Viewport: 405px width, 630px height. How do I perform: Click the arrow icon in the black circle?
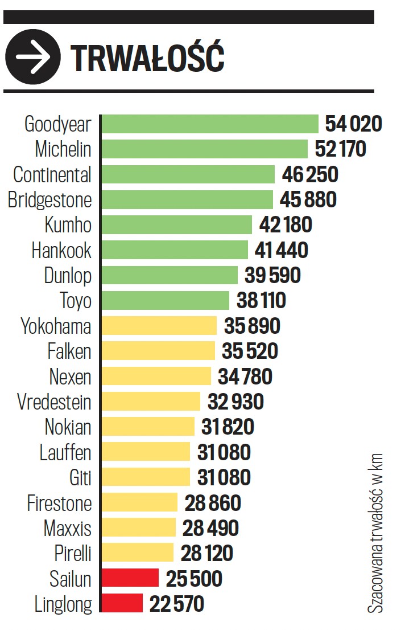click(x=32, y=57)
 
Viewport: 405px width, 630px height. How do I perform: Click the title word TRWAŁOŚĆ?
click(x=148, y=58)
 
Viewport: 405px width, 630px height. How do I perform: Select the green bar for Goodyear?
click(x=210, y=124)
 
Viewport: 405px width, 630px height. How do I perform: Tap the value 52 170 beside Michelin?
click(x=340, y=149)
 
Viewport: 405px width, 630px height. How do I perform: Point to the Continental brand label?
click(x=52, y=174)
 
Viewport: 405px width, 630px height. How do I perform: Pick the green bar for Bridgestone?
click(x=187, y=199)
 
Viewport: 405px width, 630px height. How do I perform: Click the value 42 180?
click(x=286, y=224)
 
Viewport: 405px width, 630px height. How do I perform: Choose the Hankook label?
click(x=61, y=250)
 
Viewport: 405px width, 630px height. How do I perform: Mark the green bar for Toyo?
click(x=165, y=300)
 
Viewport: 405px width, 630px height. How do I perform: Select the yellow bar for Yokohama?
click(x=159, y=326)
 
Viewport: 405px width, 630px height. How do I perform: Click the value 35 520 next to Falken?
click(x=250, y=351)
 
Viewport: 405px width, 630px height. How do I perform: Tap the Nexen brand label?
click(x=70, y=377)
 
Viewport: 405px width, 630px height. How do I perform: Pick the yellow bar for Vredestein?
click(x=151, y=402)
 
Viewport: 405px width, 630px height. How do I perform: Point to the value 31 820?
click(x=228, y=427)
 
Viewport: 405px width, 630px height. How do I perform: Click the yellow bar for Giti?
click(x=145, y=477)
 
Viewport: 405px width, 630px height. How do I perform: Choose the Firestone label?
click(x=59, y=503)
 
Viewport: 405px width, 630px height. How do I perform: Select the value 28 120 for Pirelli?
click(x=207, y=553)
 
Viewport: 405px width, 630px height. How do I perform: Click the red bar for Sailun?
click(x=130, y=578)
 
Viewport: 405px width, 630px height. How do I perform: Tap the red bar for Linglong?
click(x=122, y=603)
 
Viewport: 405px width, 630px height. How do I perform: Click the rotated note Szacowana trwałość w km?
click(x=375, y=533)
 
